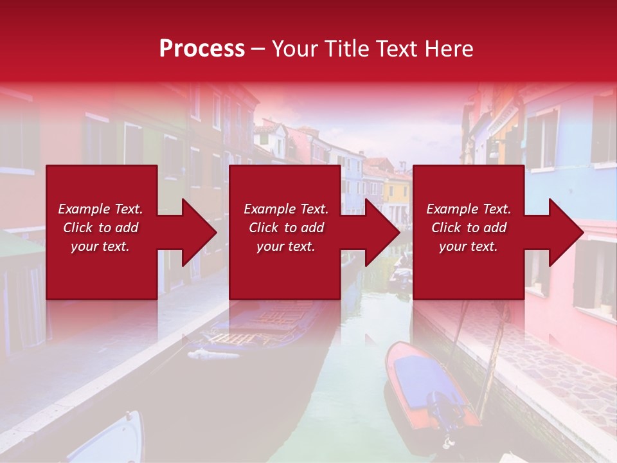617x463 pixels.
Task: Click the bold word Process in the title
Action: tap(202, 49)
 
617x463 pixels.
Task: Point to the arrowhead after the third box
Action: tap(565, 232)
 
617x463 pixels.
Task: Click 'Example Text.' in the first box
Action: tap(100, 209)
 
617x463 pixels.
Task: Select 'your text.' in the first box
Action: tap(100, 246)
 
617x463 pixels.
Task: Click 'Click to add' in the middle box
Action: tap(286, 228)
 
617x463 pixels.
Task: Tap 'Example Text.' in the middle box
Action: tap(286, 209)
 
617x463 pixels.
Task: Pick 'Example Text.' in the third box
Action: tap(469, 209)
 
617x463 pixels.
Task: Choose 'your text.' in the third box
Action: tap(469, 246)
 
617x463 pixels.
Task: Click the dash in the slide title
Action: tap(258, 49)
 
